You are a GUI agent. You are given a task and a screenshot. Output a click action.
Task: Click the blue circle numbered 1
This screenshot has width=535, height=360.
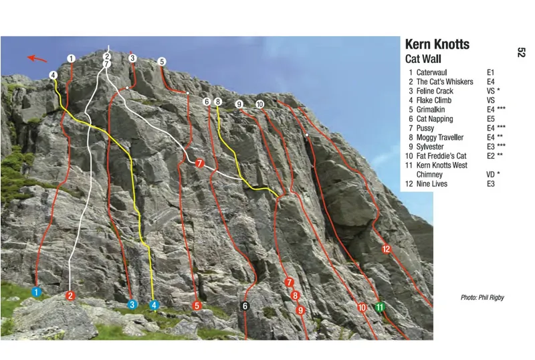click(37, 292)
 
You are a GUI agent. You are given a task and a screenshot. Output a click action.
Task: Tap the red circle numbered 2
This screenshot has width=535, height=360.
click(70, 295)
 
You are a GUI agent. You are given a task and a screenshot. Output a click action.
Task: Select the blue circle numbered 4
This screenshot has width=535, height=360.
click(154, 305)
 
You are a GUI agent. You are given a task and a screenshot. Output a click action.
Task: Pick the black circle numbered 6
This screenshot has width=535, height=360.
click(245, 306)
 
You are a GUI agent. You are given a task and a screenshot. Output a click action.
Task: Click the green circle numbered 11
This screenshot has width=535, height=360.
click(380, 307)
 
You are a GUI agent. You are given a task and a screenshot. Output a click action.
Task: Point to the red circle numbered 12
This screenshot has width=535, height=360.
click(386, 249)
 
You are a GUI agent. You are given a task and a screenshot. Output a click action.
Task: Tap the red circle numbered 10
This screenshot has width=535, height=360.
click(361, 308)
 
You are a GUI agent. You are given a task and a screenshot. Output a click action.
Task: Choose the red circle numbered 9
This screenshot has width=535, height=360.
click(301, 310)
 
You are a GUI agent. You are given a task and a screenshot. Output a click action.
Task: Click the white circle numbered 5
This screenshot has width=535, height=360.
click(162, 62)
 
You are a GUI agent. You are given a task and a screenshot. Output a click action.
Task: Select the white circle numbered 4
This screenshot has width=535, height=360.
click(53, 75)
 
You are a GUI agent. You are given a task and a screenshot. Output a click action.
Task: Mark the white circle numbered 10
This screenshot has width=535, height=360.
click(259, 104)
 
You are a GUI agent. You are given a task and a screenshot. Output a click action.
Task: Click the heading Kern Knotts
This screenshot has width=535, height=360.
click(437, 45)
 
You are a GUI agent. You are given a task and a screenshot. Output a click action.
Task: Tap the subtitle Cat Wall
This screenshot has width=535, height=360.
click(423, 59)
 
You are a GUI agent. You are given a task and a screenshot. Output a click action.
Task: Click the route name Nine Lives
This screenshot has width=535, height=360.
click(433, 184)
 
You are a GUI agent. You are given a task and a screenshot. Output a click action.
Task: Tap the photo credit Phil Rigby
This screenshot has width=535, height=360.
click(481, 297)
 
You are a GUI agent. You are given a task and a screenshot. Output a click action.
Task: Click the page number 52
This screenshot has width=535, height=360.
click(521, 52)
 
